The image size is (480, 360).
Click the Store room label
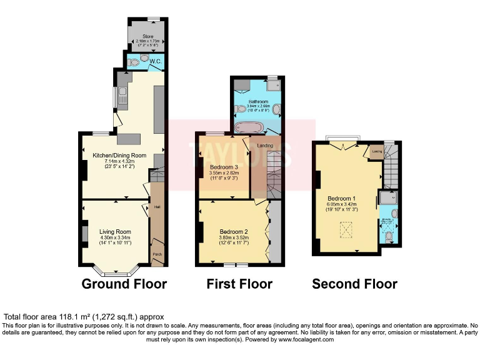click(x=147, y=37)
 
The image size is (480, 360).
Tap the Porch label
click(x=157, y=254)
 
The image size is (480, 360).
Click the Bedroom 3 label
click(x=223, y=167)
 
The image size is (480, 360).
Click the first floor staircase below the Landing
click(x=274, y=178)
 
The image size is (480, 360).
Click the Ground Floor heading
click(x=124, y=284)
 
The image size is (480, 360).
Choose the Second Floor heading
click(x=354, y=284)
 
